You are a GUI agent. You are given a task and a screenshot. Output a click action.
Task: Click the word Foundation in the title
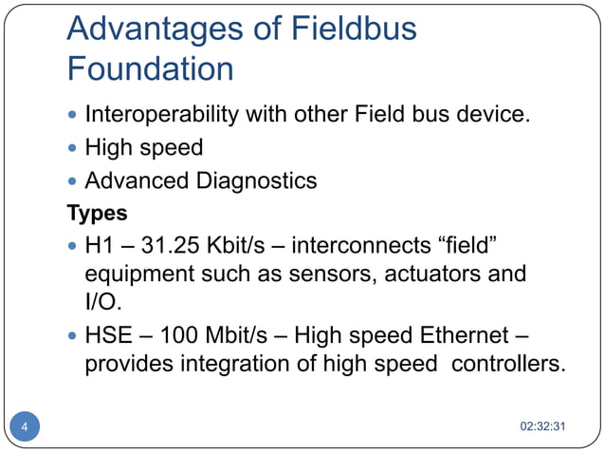click(x=150, y=69)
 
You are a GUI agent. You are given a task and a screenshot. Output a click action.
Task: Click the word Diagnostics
click(x=257, y=180)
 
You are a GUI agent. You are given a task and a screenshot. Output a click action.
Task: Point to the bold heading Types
click(x=97, y=212)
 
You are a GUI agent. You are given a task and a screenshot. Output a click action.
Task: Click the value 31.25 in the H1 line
click(x=174, y=246)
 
